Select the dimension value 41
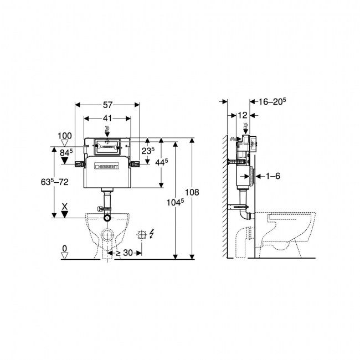[107, 118]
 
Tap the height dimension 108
[192, 192]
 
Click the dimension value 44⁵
[162, 162]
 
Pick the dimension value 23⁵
[147, 150]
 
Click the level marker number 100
[65, 136]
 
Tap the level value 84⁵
[66, 152]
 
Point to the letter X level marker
[65, 206]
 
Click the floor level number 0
[65, 248]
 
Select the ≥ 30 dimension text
[124, 253]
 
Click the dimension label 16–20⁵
[271, 101]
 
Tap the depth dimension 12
[241, 115]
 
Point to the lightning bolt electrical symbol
[152, 234]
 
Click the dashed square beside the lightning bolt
[141, 234]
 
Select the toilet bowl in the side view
[288, 227]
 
